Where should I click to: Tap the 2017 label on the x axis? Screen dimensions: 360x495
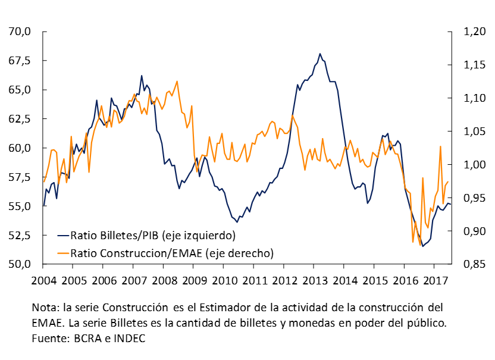click(435, 280)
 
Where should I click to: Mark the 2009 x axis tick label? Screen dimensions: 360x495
click(195, 280)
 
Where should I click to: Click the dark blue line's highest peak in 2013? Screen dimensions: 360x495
click(320, 54)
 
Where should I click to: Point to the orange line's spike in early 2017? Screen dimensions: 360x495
click(440, 146)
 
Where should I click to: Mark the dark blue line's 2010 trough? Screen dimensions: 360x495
click(237, 222)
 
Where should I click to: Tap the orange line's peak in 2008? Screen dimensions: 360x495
click(177, 82)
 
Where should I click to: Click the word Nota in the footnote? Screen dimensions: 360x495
click(45, 308)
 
